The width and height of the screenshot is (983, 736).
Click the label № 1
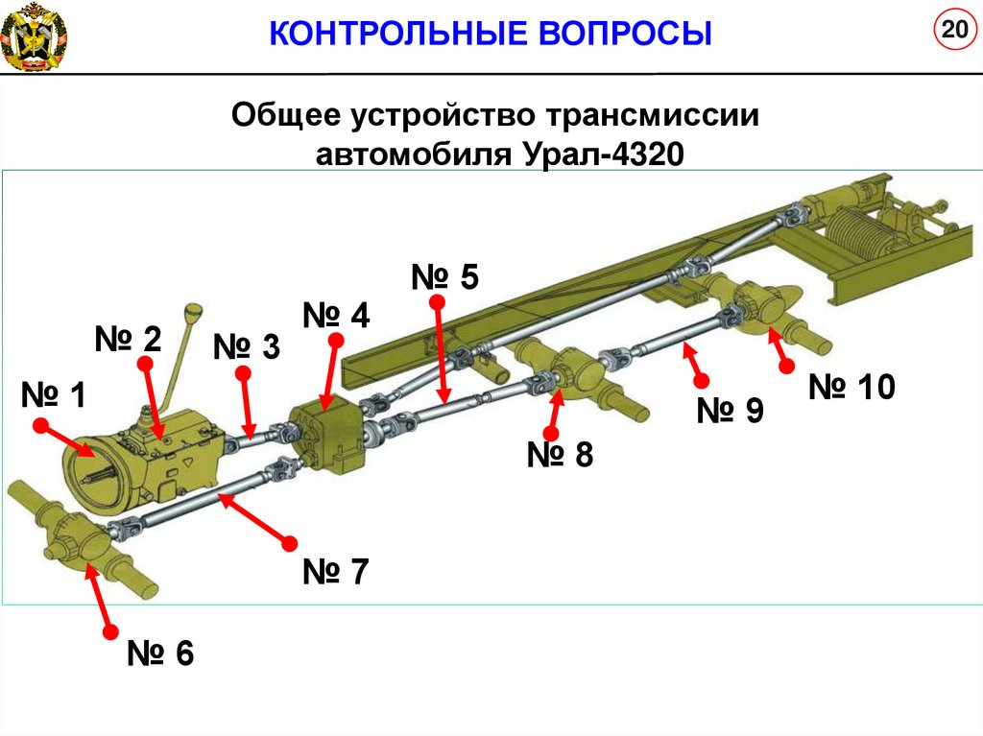pos(54,394)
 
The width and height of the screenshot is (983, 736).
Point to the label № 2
pos(128,339)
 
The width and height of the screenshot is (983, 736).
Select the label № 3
pos(246,346)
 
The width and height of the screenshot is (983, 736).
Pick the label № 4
pos(335,316)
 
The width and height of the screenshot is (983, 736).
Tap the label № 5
pos(444,277)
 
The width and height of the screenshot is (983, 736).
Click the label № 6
pos(160,654)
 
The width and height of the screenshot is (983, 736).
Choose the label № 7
pos(335,572)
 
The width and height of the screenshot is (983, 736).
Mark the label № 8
pos(560,454)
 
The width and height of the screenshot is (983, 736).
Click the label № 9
pos(730,411)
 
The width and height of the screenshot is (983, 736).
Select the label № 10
pos(851,388)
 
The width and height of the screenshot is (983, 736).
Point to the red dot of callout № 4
pos(335,341)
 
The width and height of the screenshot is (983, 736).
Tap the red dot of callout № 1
pos(41,423)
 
